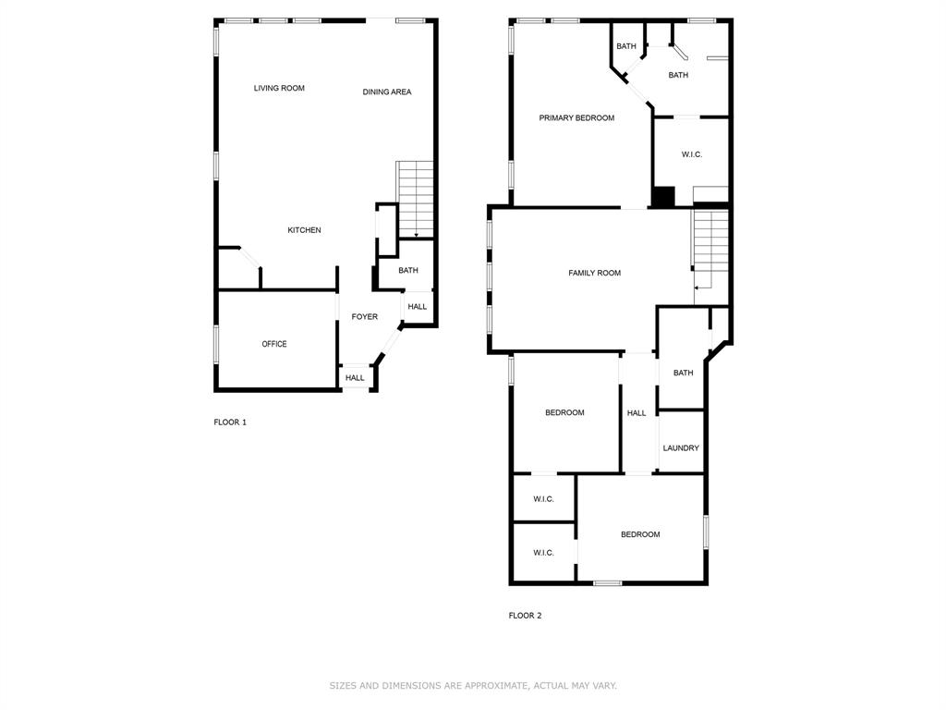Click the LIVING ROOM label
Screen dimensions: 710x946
(x=279, y=89)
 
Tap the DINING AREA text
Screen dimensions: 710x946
(x=387, y=92)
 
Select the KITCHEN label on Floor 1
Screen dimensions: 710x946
(x=304, y=230)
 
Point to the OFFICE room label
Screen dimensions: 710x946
(x=274, y=344)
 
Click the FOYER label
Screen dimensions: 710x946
(x=364, y=317)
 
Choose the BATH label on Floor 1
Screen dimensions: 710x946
(x=408, y=271)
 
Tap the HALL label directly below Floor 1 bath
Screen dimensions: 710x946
(x=418, y=307)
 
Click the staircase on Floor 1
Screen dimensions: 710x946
(x=416, y=199)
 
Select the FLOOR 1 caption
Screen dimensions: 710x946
(x=230, y=422)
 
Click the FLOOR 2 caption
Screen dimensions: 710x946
(x=525, y=616)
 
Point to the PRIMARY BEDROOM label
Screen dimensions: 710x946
(x=576, y=118)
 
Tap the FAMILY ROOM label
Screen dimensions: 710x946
(x=594, y=274)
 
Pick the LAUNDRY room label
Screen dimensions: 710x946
(x=681, y=448)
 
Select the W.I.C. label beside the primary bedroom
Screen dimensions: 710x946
(x=692, y=154)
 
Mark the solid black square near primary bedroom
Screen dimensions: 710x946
(x=663, y=197)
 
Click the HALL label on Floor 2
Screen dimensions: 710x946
(x=637, y=413)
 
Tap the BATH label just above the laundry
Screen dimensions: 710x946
(x=683, y=373)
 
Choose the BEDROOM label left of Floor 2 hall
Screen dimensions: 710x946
(x=564, y=413)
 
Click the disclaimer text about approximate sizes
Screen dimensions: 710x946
(x=473, y=686)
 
